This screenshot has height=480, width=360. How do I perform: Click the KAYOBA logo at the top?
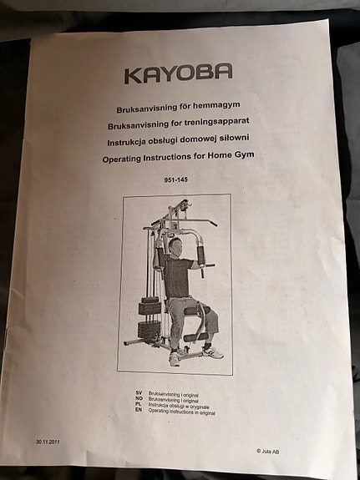(178, 73)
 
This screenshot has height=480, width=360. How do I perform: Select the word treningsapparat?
(217, 122)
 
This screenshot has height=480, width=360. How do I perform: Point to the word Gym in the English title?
(244, 155)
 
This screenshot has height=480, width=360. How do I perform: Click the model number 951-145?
(176, 179)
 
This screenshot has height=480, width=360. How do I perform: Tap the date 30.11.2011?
(48, 442)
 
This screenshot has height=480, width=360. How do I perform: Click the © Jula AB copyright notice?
(268, 451)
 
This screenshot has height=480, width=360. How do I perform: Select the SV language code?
(139, 392)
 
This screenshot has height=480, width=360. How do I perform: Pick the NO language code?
(139, 398)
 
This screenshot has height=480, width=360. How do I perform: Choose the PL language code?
(139, 404)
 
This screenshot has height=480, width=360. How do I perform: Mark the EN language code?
(139, 410)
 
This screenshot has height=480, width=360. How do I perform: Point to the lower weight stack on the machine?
(149, 330)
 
